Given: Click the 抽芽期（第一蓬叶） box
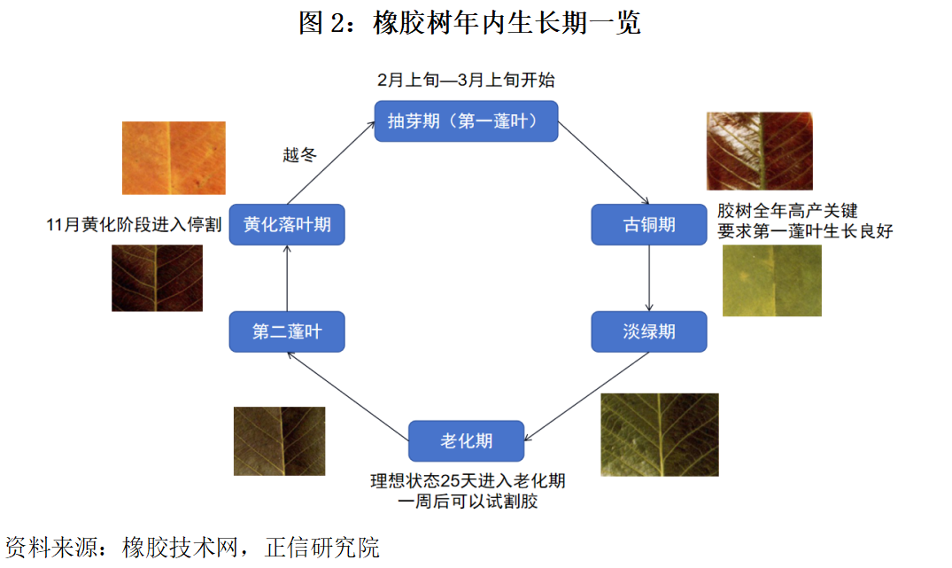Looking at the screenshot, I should [x=466, y=121].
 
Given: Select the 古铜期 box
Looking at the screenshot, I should [x=648, y=225].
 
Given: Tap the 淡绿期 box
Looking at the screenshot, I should [x=648, y=331].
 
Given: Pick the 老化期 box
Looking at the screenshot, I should [x=466, y=440].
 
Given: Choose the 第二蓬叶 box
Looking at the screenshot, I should [x=287, y=331].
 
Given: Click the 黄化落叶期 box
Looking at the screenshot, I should [x=287, y=225].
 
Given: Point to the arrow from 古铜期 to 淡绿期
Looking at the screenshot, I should [x=649, y=277].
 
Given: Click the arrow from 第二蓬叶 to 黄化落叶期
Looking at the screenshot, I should [x=287, y=277].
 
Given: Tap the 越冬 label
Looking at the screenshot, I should [x=299, y=156].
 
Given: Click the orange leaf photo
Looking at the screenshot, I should [x=174, y=158].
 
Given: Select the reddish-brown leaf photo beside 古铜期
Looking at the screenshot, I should [x=759, y=151].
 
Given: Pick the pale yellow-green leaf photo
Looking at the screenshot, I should [x=771, y=280].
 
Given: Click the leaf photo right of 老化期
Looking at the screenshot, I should [x=659, y=434].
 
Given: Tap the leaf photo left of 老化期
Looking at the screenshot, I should [x=279, y=440].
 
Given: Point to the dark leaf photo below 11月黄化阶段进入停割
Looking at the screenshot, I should [x=157, y=277].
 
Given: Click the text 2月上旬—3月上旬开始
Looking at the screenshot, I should [x=466, y=80].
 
